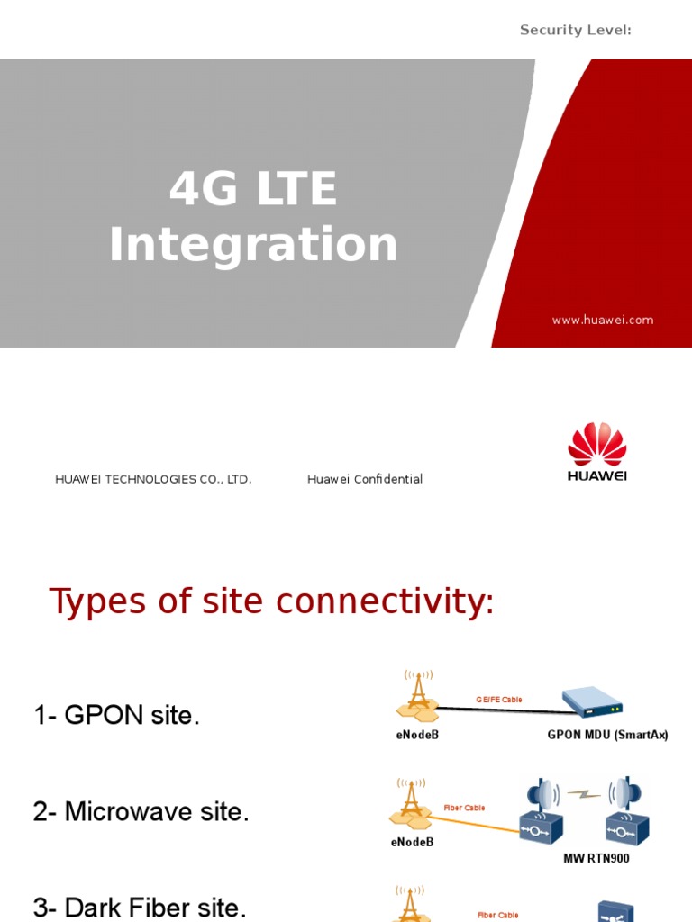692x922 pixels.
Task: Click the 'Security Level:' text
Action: (x=575, y=30)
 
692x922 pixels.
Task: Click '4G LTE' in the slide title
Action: (x=253, y=189)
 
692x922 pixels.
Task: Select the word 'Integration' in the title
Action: (x=253, y=244)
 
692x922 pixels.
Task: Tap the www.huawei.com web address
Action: (x=603, y=320)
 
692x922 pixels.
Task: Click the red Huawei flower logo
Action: (x=596, y=445)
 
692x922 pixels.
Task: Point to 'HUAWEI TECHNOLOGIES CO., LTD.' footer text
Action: (x=153, y=479)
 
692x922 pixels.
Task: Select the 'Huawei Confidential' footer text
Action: (x=365, y=479)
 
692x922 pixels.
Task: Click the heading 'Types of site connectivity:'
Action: (x=271, y=601)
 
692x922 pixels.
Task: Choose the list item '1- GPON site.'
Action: (x=117, y=716)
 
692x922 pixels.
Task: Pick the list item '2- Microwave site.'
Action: (x=141, y=812)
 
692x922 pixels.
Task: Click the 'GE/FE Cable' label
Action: (x=499, y=700)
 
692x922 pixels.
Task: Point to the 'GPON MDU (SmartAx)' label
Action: (x=607, y=735)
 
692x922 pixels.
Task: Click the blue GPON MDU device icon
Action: (x=592, y=702)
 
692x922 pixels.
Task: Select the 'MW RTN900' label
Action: (x=596, y=859)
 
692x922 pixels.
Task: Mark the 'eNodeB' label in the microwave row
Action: (x=412, y=842)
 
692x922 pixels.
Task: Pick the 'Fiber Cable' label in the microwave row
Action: (x=464, y=808)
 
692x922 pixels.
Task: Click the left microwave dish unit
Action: (x=542, y=810)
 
